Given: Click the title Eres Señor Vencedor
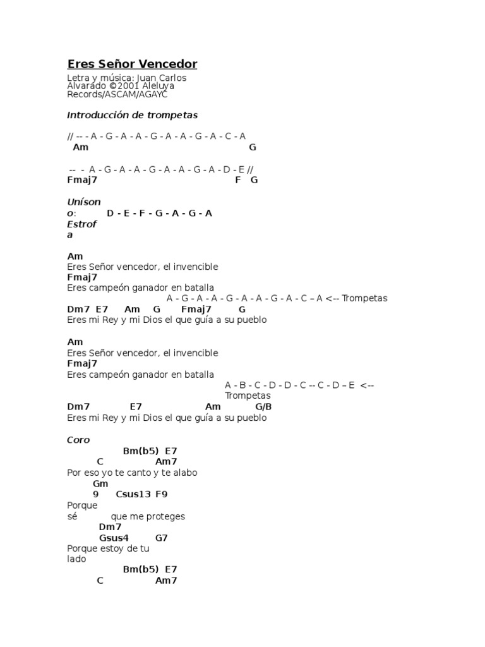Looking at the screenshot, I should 132,64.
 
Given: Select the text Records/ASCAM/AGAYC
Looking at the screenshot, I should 117,94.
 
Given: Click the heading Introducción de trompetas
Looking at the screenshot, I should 132,115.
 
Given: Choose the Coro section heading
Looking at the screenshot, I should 78,440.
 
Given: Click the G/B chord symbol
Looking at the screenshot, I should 263,407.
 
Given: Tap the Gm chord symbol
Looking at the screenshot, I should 100,484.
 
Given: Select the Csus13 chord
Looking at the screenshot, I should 133,495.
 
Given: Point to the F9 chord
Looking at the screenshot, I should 161,495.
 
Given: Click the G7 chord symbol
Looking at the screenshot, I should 161,538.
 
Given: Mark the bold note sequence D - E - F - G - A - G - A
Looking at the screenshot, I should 159,214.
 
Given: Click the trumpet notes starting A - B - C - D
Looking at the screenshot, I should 290,385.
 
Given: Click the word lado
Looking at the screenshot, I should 76,559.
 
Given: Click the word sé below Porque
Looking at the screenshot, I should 71,516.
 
